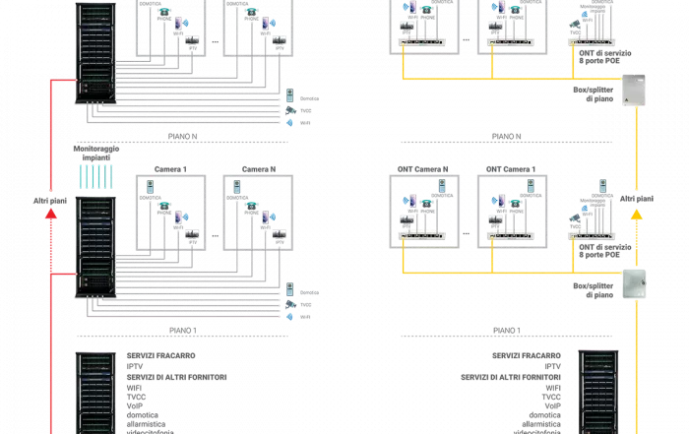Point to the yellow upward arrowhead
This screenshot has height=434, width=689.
[637, 211]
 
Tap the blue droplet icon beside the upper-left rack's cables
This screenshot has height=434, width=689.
[290, 122]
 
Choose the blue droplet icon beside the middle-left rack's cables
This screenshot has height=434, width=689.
[290, 317]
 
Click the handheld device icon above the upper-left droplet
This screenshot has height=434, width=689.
[290, 96]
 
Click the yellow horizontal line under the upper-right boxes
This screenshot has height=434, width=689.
[492, 77]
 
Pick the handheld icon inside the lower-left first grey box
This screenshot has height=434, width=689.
[150, 186]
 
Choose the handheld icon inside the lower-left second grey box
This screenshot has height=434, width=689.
[234, 186]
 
